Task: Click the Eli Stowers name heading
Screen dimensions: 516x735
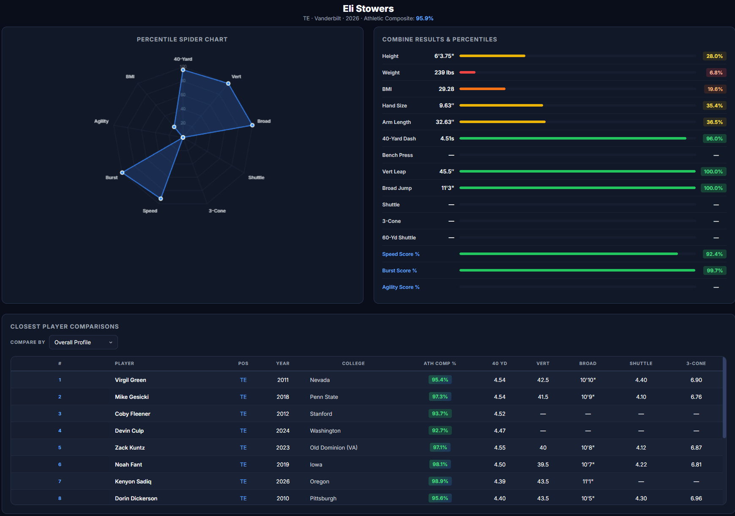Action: click(x=368, y=8)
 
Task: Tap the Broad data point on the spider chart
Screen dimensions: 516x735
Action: click(x=252, y=125)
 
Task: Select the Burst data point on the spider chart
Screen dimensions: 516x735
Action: click(x=122, y=173)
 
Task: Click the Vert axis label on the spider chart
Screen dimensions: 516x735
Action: click(x=236, y=77)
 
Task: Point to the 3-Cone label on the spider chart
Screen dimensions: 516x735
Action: click(x=217, y=211)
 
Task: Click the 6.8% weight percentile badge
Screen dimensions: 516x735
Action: click(x=716, y=73)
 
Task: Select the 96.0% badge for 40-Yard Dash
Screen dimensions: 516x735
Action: click(x=714, y=139)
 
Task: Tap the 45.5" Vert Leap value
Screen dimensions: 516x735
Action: click(x=446, y=172)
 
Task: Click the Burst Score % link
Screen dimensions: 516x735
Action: click(x=399, y=271)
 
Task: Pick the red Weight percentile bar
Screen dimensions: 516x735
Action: click(x=467, y=72)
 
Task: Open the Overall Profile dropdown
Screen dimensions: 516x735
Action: click(x=83, y=342)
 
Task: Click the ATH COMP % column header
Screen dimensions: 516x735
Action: click(x=440, y=363)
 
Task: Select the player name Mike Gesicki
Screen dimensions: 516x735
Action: click(x=131, y=397)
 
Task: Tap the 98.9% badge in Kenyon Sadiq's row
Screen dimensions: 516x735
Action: click(x=440, y=481)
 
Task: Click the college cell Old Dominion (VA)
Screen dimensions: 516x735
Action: click(x=333, y=447)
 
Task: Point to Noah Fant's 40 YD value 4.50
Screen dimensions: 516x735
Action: click(x=500, y=464)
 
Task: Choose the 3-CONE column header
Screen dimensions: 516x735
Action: click(x=696, y=363)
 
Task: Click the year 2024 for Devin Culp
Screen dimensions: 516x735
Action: click(x=283, y=431)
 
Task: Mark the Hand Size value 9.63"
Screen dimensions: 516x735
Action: click(x=446, y=106)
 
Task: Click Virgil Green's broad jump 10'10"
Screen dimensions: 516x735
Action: click(x=587, y=380)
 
